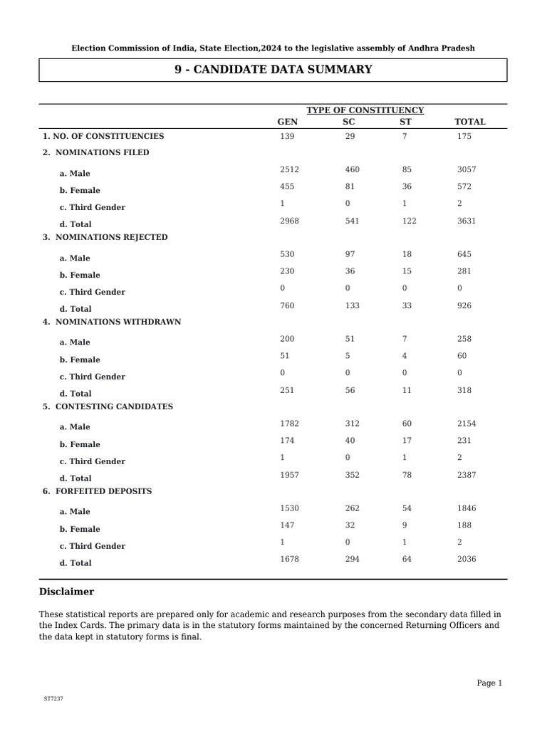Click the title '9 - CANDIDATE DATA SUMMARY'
pos(273,70)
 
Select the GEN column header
pos(287,122)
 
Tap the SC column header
pos(349,122)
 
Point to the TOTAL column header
pos(469,122)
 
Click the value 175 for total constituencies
pos(464,136)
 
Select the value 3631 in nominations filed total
pos(466,221)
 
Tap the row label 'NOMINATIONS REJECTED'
pos(111,237)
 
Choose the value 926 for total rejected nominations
pos(464,305)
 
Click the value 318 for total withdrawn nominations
pos(464,390)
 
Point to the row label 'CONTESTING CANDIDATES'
pos(114,407)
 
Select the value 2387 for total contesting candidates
pos(466,475)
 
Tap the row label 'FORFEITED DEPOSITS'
pos(103,491)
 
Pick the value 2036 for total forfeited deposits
pos(466,560)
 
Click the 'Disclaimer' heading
pos(66,592)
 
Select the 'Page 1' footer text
pos(489,683)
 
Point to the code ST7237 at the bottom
pos(53,699)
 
